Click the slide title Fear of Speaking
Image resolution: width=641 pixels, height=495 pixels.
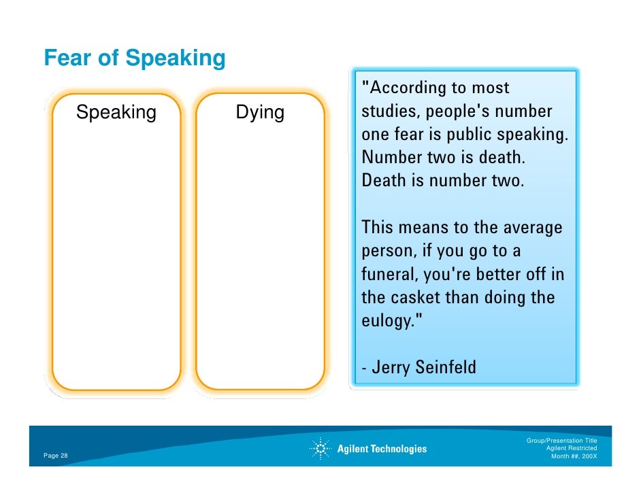coord(134,58)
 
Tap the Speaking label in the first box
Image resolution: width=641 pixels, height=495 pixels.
coord(116,112)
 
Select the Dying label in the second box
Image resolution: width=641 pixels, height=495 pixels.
coord(260,112)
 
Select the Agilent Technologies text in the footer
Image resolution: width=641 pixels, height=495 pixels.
coord(382,449)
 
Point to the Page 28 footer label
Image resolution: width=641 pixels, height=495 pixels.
coord(56,456)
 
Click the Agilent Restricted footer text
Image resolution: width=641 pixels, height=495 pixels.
coord(572,448)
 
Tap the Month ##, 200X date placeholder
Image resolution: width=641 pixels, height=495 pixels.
coord(574,456)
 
